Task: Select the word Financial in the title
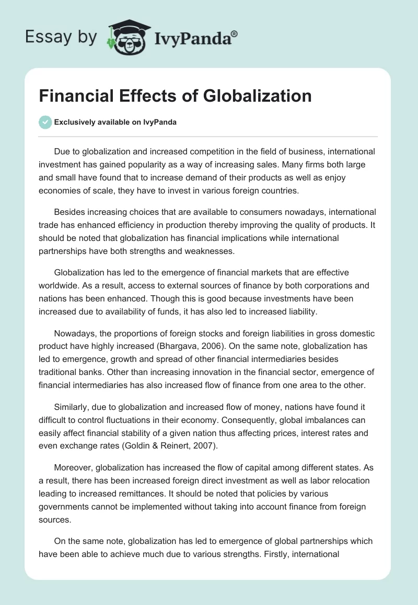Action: [x=75, y=96]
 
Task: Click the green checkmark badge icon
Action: [x=45, y=122]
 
